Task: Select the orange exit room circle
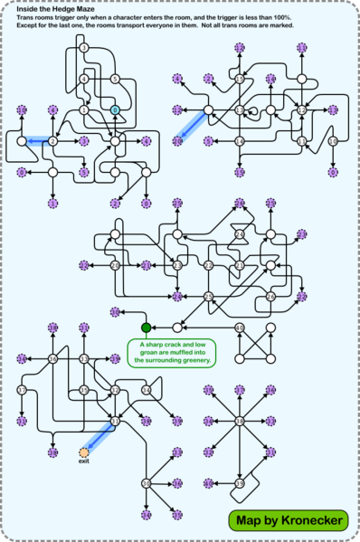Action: click(x=84, y=451)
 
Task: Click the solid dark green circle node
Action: click(x=145, y=327)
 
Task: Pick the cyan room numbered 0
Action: click(x=115, y=109)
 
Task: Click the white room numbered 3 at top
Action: click(x=83, y=47)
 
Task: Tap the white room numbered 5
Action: click(x=115, y=79)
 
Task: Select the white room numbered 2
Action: click(x=52, y=141)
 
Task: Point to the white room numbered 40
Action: click(x=240, y=328)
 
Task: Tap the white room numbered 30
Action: click(x=146, y=483)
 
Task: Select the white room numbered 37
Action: click(x=22, y=390)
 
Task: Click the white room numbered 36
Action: click(x=52, y=359)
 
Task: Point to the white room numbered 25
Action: click(x=208, y=296)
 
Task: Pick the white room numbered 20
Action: click(x=115, y=265)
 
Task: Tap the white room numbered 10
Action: click(x=333, y=141)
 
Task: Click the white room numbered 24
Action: click(x=240, y=234)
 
